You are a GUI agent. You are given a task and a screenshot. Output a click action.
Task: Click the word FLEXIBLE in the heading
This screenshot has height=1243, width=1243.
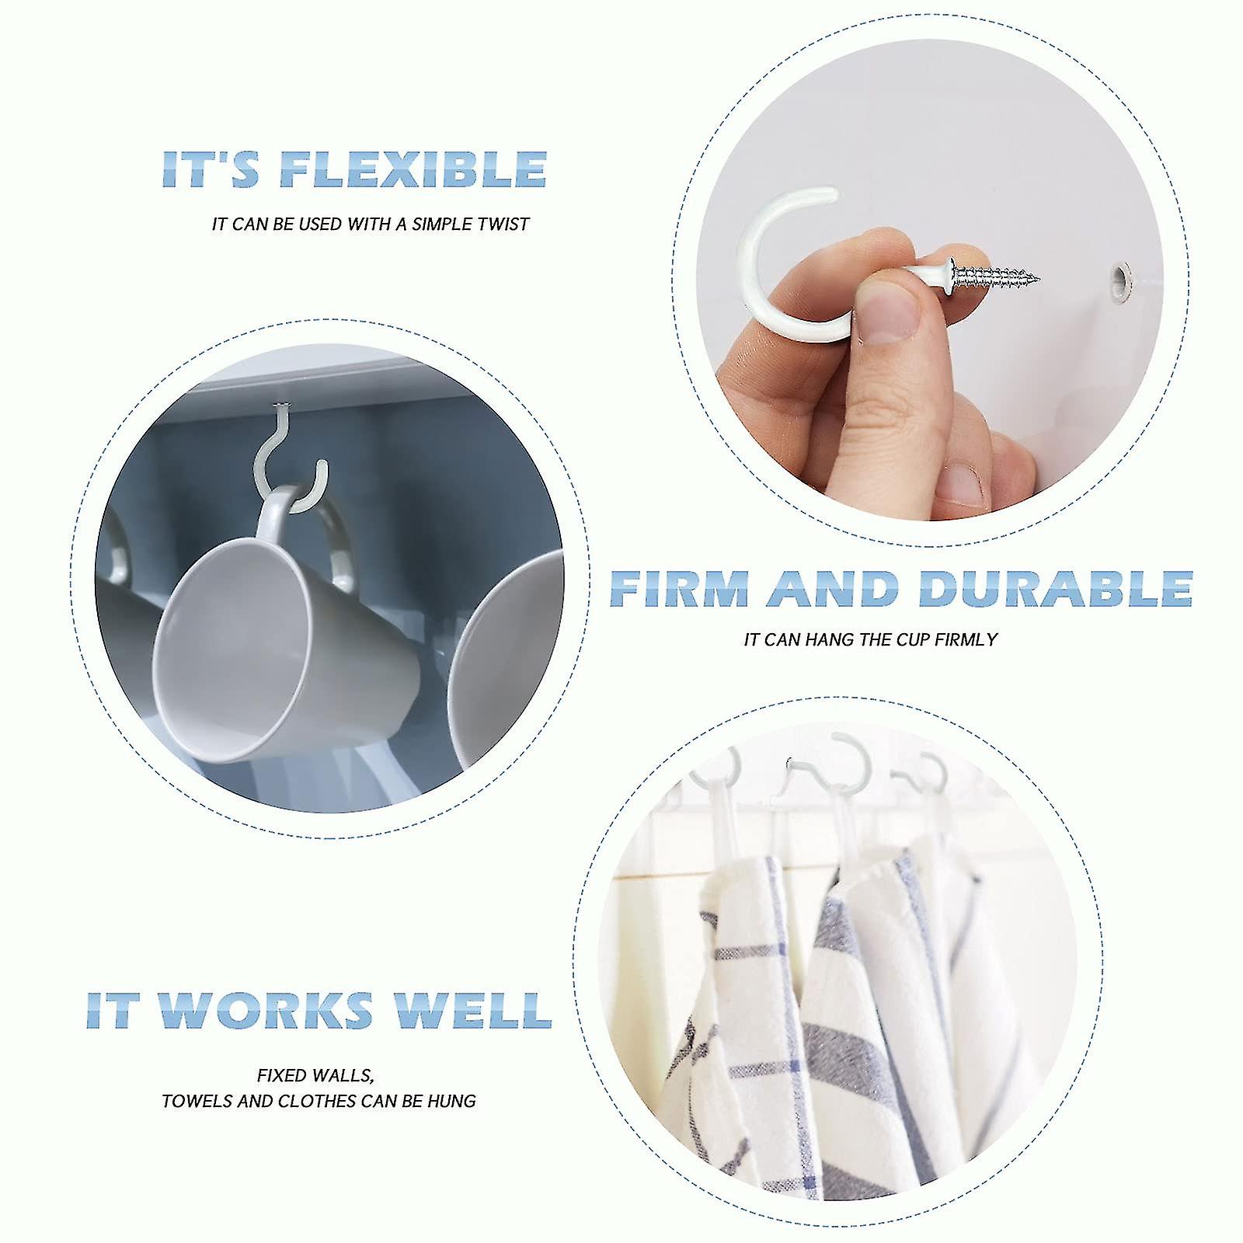413,169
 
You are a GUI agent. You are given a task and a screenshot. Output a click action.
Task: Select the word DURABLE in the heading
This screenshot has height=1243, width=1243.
1056,590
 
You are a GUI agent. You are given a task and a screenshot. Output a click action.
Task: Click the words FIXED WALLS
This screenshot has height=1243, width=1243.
315,1076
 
